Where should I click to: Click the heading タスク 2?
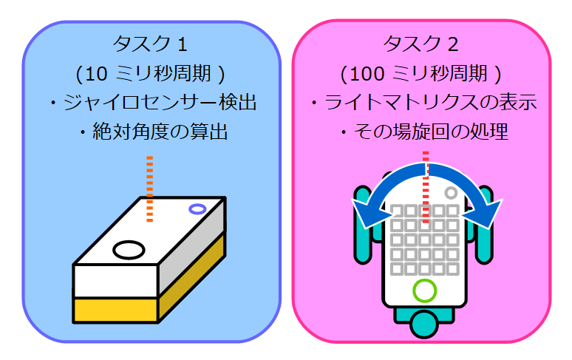(421, 44)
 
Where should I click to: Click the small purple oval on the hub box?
(197, 209)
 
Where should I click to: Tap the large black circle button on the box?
(129, 249)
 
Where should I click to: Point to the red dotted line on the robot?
(425, 185)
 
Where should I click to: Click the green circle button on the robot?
(424, 291)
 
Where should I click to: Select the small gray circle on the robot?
(451, 193)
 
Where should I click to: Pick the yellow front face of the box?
(115, 308)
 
